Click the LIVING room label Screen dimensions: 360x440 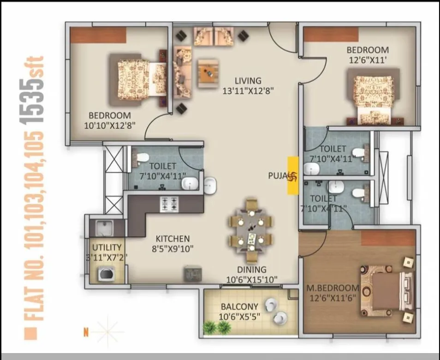coord(247,80)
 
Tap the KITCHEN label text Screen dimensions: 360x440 coord(172,239)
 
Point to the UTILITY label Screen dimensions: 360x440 coord(107,247)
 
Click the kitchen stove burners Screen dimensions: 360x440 coord(169,204)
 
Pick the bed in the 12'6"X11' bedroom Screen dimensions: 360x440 coord(374,99)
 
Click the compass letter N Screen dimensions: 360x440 coord(86,330)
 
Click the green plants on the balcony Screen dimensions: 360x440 coord(217,328)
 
